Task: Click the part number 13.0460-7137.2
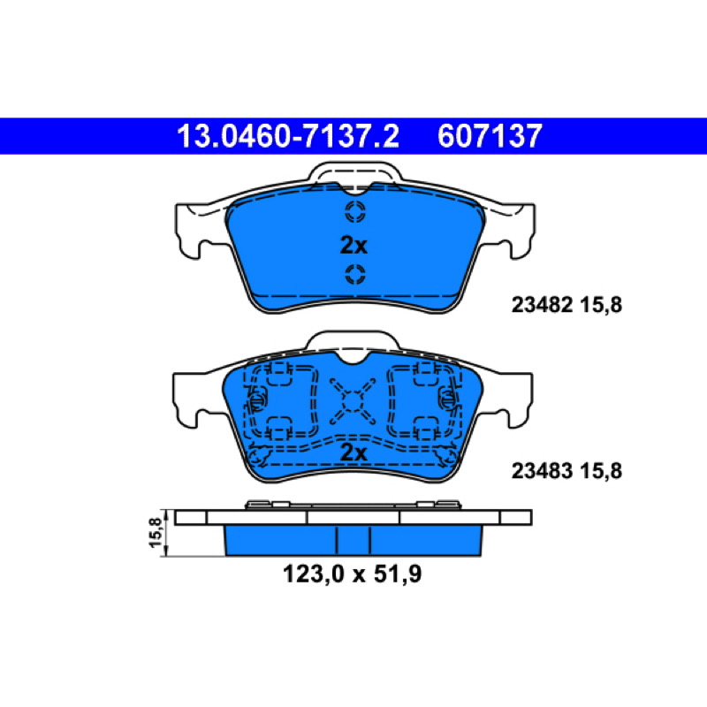click(x=288, y=136)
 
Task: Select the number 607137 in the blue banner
click(x=490, y=136)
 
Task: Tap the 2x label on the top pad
click(x=353, y=246)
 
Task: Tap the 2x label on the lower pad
click(x=353, y=452)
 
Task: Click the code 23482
click(x=542, y=305)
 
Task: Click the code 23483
click(x=542, y=471)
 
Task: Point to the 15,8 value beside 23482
click(x=601, y=305)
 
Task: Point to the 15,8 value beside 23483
click(x=601, y=471)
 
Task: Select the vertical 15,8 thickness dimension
click(x=156, y=533)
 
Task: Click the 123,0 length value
click(x=314, y=574)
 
